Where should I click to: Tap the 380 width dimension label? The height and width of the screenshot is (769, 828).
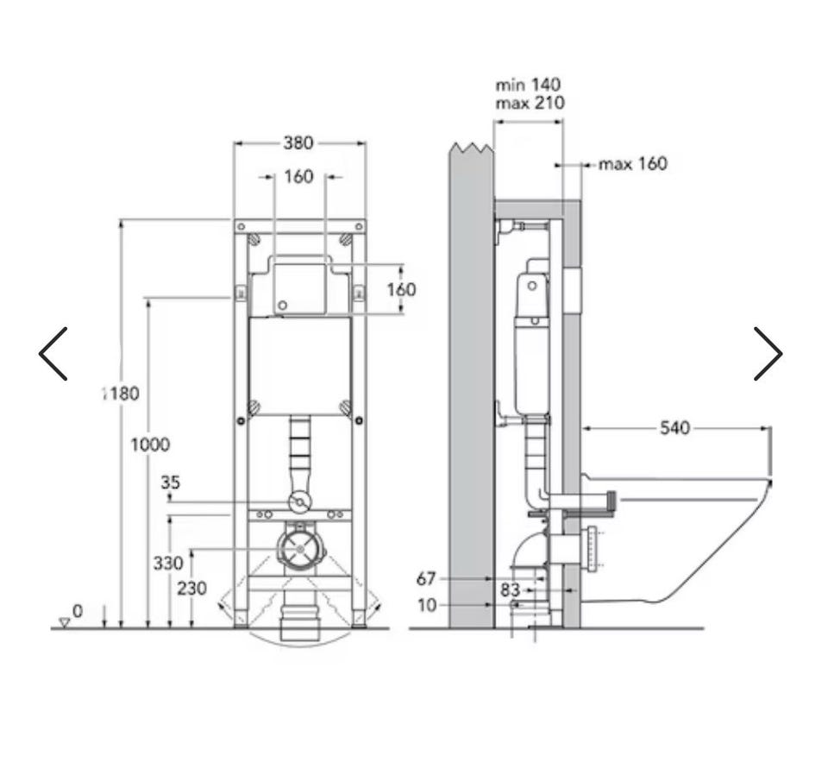[x=298, y=142]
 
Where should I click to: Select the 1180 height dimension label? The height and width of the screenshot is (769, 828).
[x=121, y=394]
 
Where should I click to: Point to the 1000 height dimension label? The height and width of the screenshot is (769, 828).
[x=150, y=444]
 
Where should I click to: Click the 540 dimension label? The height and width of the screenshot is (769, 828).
[x=674, y=427]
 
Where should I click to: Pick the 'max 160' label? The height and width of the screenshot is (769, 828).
[x=633, y=164]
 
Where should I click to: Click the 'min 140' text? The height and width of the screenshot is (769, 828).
[x=528, y=85]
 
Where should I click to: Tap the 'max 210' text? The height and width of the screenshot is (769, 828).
[x=530, y=103]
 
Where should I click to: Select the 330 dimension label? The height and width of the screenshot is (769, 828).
[x=168, y=564]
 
